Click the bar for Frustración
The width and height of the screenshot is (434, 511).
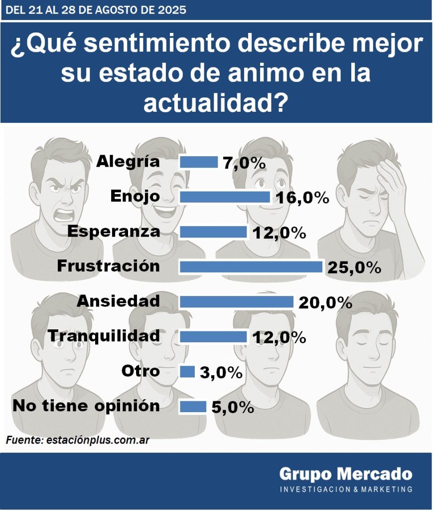point(251,267)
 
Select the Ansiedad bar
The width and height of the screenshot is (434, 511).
point(236,302)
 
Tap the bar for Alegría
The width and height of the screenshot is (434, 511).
point(198,162)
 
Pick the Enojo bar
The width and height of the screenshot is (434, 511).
point(224,197)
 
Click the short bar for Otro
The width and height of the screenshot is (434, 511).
point(187,372)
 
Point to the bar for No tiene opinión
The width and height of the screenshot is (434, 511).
point(193,407)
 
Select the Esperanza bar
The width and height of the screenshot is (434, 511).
point(213,232)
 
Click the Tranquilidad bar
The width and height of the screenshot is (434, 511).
point(213,337)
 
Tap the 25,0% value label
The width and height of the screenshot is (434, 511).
point(354,268)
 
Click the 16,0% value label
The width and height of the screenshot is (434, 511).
point(302,198)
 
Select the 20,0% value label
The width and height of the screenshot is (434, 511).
point(325,303)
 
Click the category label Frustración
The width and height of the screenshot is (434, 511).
point(109,265)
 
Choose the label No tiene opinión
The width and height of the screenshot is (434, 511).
point(86,406)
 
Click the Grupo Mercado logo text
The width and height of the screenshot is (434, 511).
point(345,473)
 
